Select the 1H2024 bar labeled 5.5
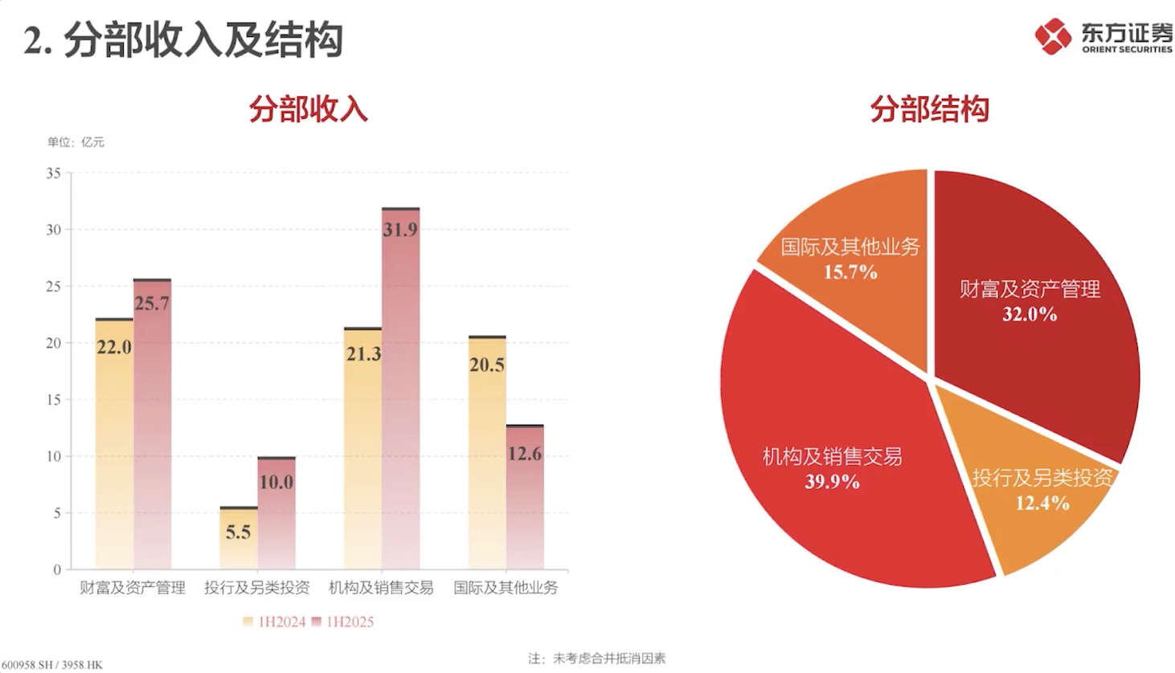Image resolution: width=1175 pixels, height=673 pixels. tap(238, 538)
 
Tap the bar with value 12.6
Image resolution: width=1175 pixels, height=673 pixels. tap(525, 497)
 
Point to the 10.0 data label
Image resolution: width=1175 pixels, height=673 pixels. tap(276, 482)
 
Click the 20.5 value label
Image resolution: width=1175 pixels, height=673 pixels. tap(487, 365)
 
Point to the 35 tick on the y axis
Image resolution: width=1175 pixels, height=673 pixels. tap(53, 173)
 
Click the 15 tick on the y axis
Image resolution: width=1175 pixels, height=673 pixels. tap(53, 399)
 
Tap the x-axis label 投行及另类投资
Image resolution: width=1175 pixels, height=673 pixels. tap(256, 588)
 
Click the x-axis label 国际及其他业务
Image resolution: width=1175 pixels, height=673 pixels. tap(506, 588)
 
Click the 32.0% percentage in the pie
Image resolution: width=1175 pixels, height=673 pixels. tap(1030, 314)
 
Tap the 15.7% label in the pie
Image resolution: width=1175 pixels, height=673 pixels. tap(850, 272)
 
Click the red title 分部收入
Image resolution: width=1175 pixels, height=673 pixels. tap(308, 109)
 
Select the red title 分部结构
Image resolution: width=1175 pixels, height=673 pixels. tap(929, 109)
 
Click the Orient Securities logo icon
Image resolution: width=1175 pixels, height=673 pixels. tap(1053, 35)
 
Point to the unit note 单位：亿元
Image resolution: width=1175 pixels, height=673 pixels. tap(76, 142)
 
